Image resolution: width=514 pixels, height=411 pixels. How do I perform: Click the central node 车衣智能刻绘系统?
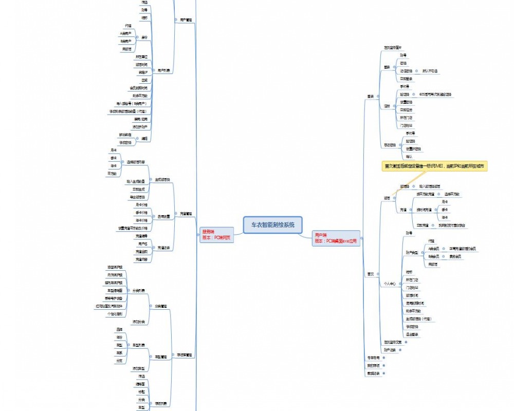pos(272,225)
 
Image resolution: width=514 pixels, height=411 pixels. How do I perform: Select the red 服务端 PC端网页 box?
pos(216,235)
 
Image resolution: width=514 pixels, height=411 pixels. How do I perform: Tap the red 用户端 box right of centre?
pos(336,238)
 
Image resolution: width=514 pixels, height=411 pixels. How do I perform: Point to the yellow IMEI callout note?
pos(434,166)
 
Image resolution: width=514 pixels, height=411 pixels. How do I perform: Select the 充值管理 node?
pos(186,213)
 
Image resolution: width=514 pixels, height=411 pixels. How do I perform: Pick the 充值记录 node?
pos(164,248)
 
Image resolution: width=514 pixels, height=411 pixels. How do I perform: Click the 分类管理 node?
pos(161,306)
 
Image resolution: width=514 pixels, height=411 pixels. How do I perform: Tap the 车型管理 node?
pos(161,357)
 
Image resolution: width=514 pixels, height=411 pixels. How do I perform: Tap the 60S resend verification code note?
pos(435,95)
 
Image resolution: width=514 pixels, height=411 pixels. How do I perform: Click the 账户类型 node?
pos(412,252)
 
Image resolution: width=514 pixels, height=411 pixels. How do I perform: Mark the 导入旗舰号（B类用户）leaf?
pos(127,103)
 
